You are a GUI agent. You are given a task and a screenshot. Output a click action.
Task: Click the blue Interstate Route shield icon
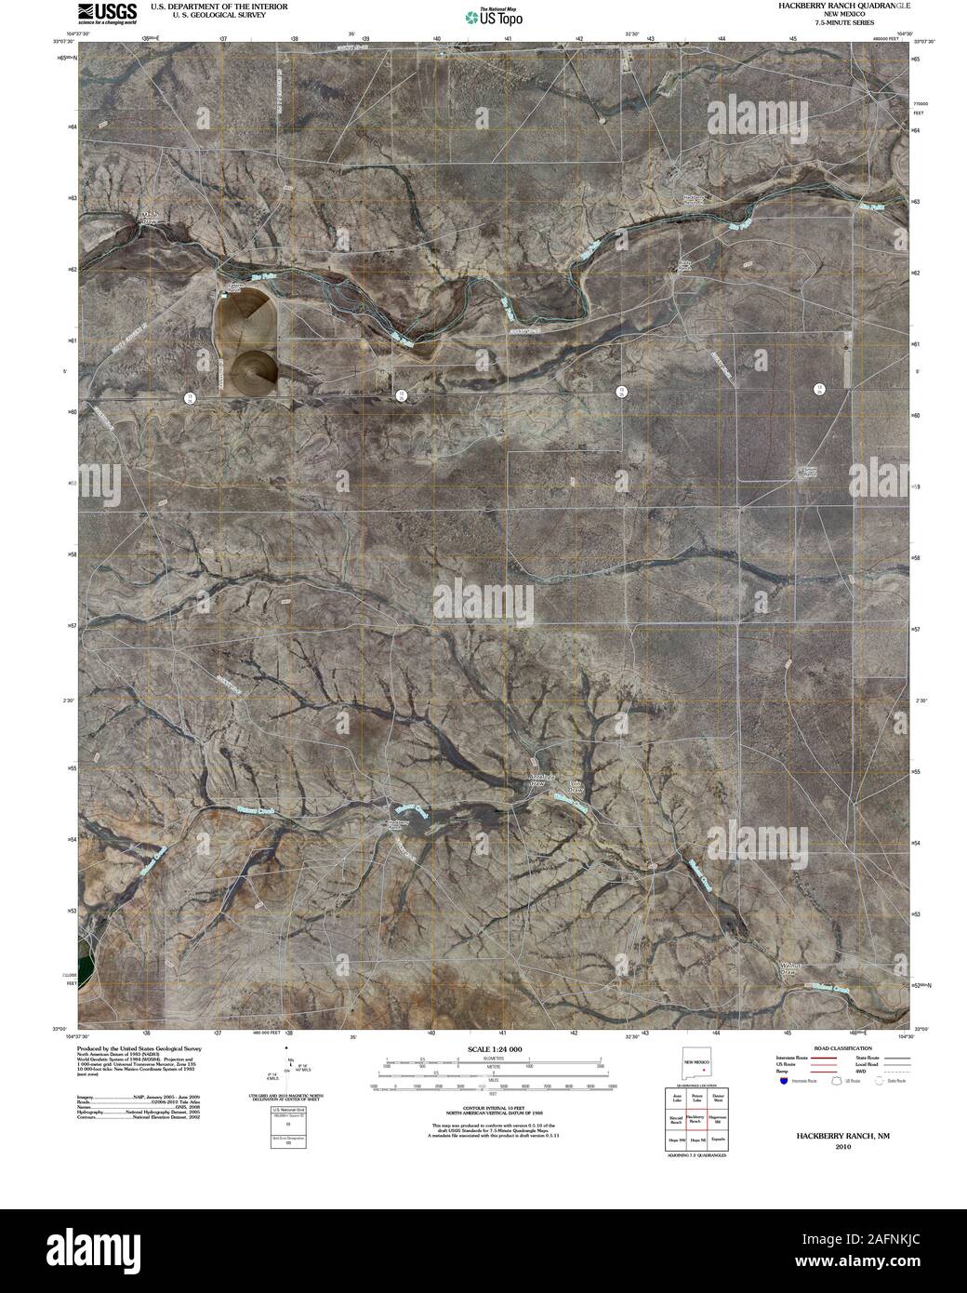click(x=784, y=1082)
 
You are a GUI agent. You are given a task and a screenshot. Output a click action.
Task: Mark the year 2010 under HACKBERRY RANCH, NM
click(x=842, y=1147)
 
